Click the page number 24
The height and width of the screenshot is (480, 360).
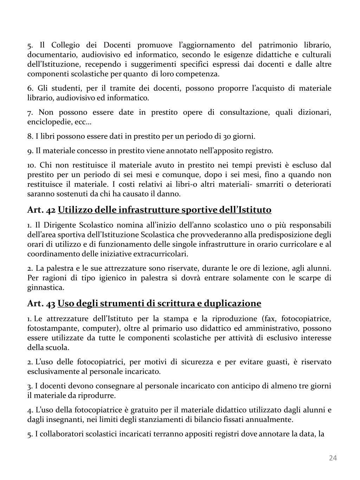point(333,457)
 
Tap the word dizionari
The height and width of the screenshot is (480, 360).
point(315,112)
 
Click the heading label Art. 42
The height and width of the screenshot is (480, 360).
point(41,210)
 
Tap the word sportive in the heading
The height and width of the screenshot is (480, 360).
point(199,210)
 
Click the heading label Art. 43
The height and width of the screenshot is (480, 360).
point(41,303)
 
